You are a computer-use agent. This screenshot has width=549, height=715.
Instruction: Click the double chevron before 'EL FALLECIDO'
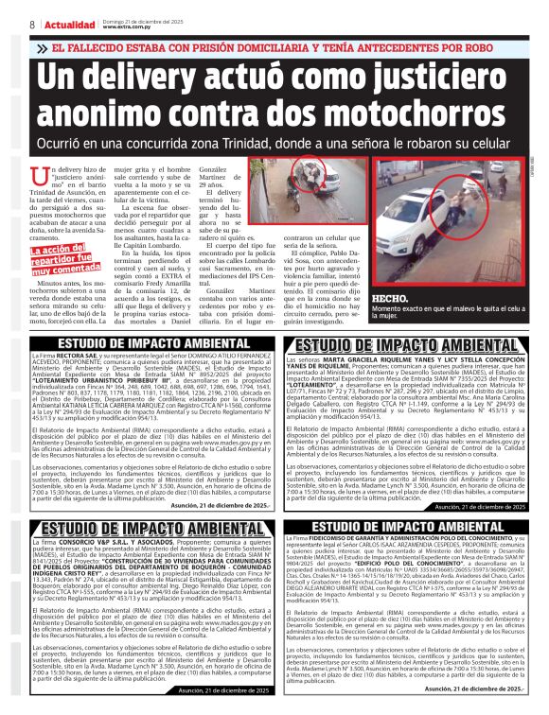[x=43, y=47]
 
